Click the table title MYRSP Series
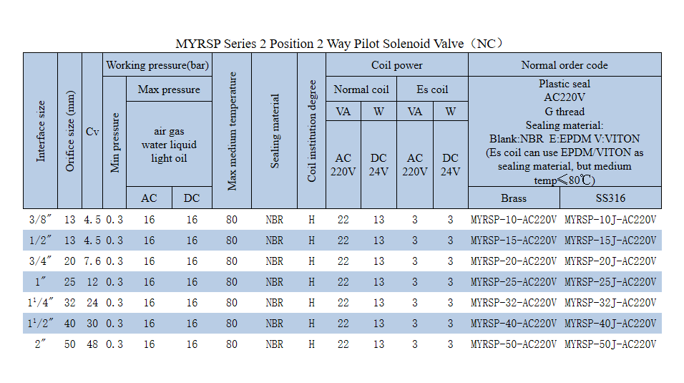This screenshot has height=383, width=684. pyautogui.click(x=341, y=44)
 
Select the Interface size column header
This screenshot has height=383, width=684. pyautogui.click(x=41, y=130)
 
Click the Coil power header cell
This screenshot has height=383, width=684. pyautogui.click(x=396, y=65)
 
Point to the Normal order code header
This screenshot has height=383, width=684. pyautogui.click(x=564, y=65)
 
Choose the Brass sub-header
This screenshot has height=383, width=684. pyautogui.click(x=514, y=198)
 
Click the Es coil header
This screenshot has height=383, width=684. pyautogui.click(x=432, y=89)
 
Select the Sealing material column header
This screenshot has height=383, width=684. pyautogui.click(x=275, y=131)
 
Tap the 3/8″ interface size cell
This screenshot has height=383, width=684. pyautogui.click(x=41, y=220)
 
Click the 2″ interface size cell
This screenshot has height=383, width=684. pyautogui.click(x=41, y=344)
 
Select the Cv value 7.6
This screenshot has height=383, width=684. pyautogui.click(x=92, y=261)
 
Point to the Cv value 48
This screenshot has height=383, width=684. pyautogui.click(x=92, y=344)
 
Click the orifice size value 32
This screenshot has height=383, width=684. pyautogui.click(x=69, y=303)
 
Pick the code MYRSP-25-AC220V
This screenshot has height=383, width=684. pyautogui.click(x=514, y=282)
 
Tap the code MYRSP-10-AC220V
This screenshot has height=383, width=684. pyautogui.click(x=514, y=220)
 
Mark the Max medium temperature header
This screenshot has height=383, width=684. pyautogui.click(x=232, y=131)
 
